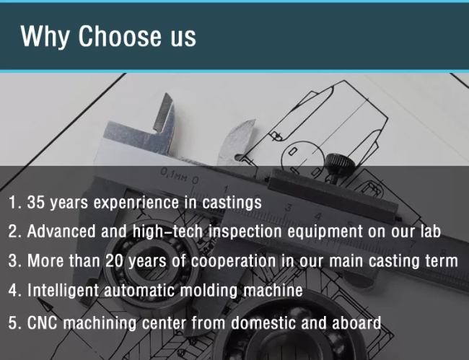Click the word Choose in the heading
pos(120,36)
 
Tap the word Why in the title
pos(45,37)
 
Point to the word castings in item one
pos(232,203)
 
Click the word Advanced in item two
pos(61,232)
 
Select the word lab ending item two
pos(431,232)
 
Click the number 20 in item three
pos(114,260)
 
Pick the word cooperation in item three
pos(233,261)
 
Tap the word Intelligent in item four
pos(63,291)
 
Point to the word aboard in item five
pos(356,323)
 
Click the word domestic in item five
pos(263,323)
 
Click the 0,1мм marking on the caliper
pos(174,175)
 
